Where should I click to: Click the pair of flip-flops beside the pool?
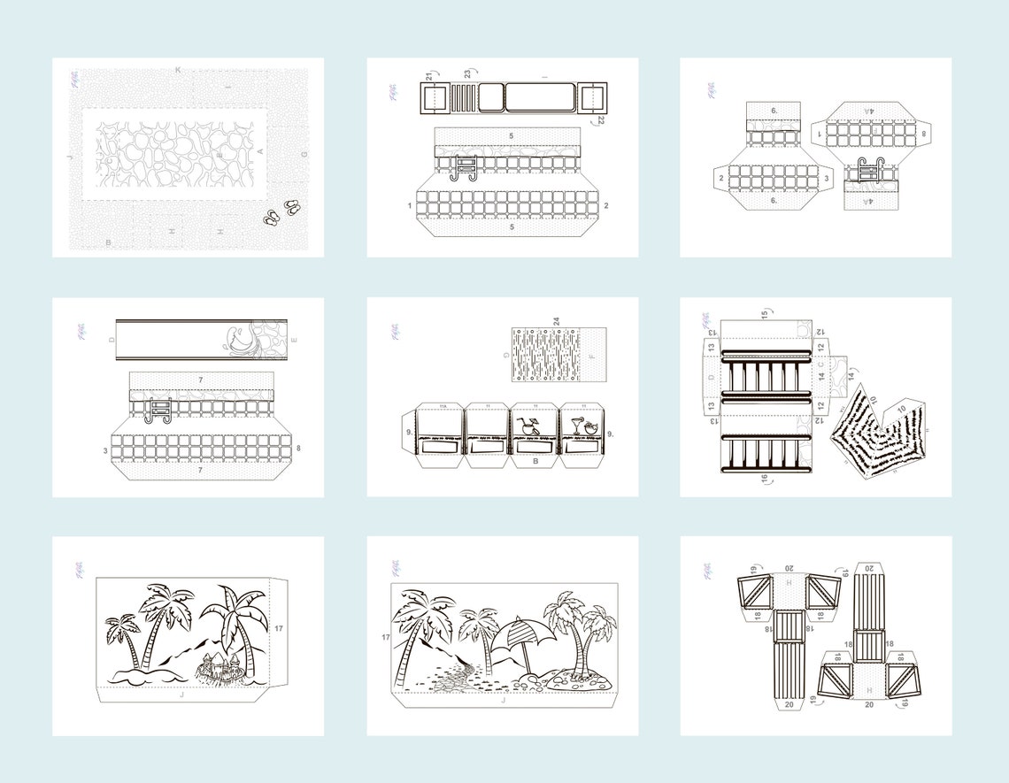coord(281,213)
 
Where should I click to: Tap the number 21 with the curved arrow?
coord(429,77)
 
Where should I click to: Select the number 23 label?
coord(466,74)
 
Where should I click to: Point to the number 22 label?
coord(601,119)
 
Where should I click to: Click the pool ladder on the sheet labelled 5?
coord(464,166)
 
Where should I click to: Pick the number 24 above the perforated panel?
coord(556,322)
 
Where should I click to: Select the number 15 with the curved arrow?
coord(765,313)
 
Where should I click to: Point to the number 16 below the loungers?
coord(765,479)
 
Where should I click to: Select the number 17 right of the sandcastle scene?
coord(278,629)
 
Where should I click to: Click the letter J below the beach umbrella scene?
coord(504,700)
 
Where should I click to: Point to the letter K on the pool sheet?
coord(178,70)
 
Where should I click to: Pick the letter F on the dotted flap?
coord(591,355)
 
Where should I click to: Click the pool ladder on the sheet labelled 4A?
coord(867,171)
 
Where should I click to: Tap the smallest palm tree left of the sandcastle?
coord(121,639)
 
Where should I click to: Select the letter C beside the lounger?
coord(820,365)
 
